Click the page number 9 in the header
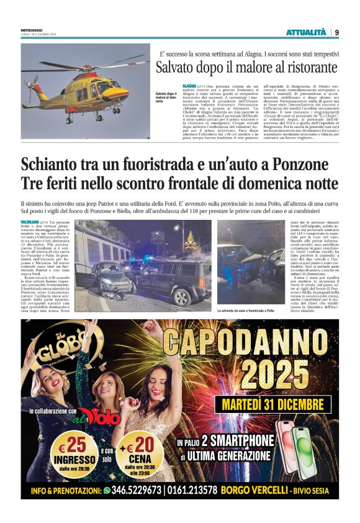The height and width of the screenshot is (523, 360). click(x=336, y=32)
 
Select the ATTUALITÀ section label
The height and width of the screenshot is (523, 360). click(x=305, y=32)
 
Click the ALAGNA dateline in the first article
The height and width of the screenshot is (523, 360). click(x=189, y=84)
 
